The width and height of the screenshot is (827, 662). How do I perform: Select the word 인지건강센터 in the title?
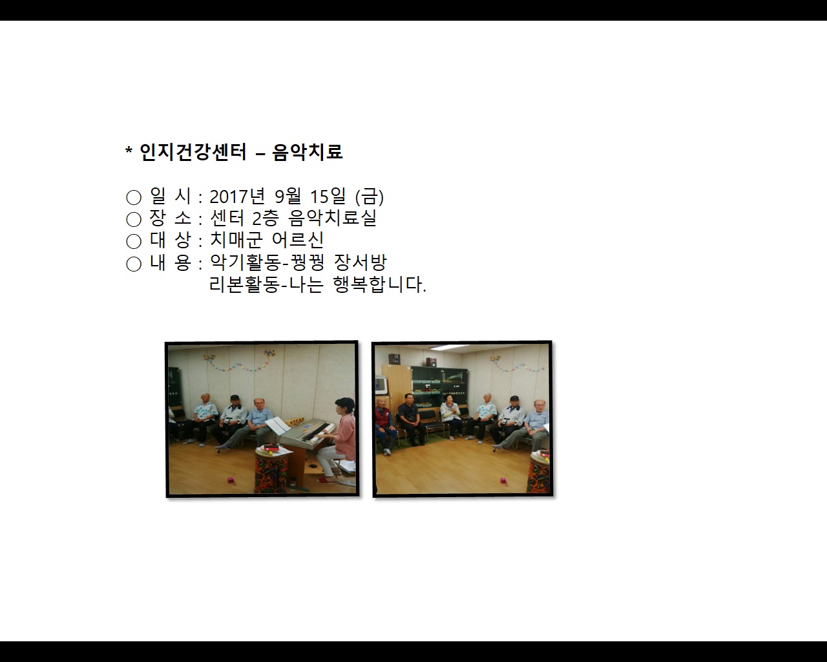193,152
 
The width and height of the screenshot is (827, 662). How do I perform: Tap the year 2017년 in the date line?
237,196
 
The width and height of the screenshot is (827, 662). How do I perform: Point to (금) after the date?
370,196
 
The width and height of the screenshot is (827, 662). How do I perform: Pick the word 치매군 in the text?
236,240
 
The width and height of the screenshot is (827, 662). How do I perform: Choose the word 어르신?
298,240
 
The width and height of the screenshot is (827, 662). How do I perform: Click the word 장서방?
361,262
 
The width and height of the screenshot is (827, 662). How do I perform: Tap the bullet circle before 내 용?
134,264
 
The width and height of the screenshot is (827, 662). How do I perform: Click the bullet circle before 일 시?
134,197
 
